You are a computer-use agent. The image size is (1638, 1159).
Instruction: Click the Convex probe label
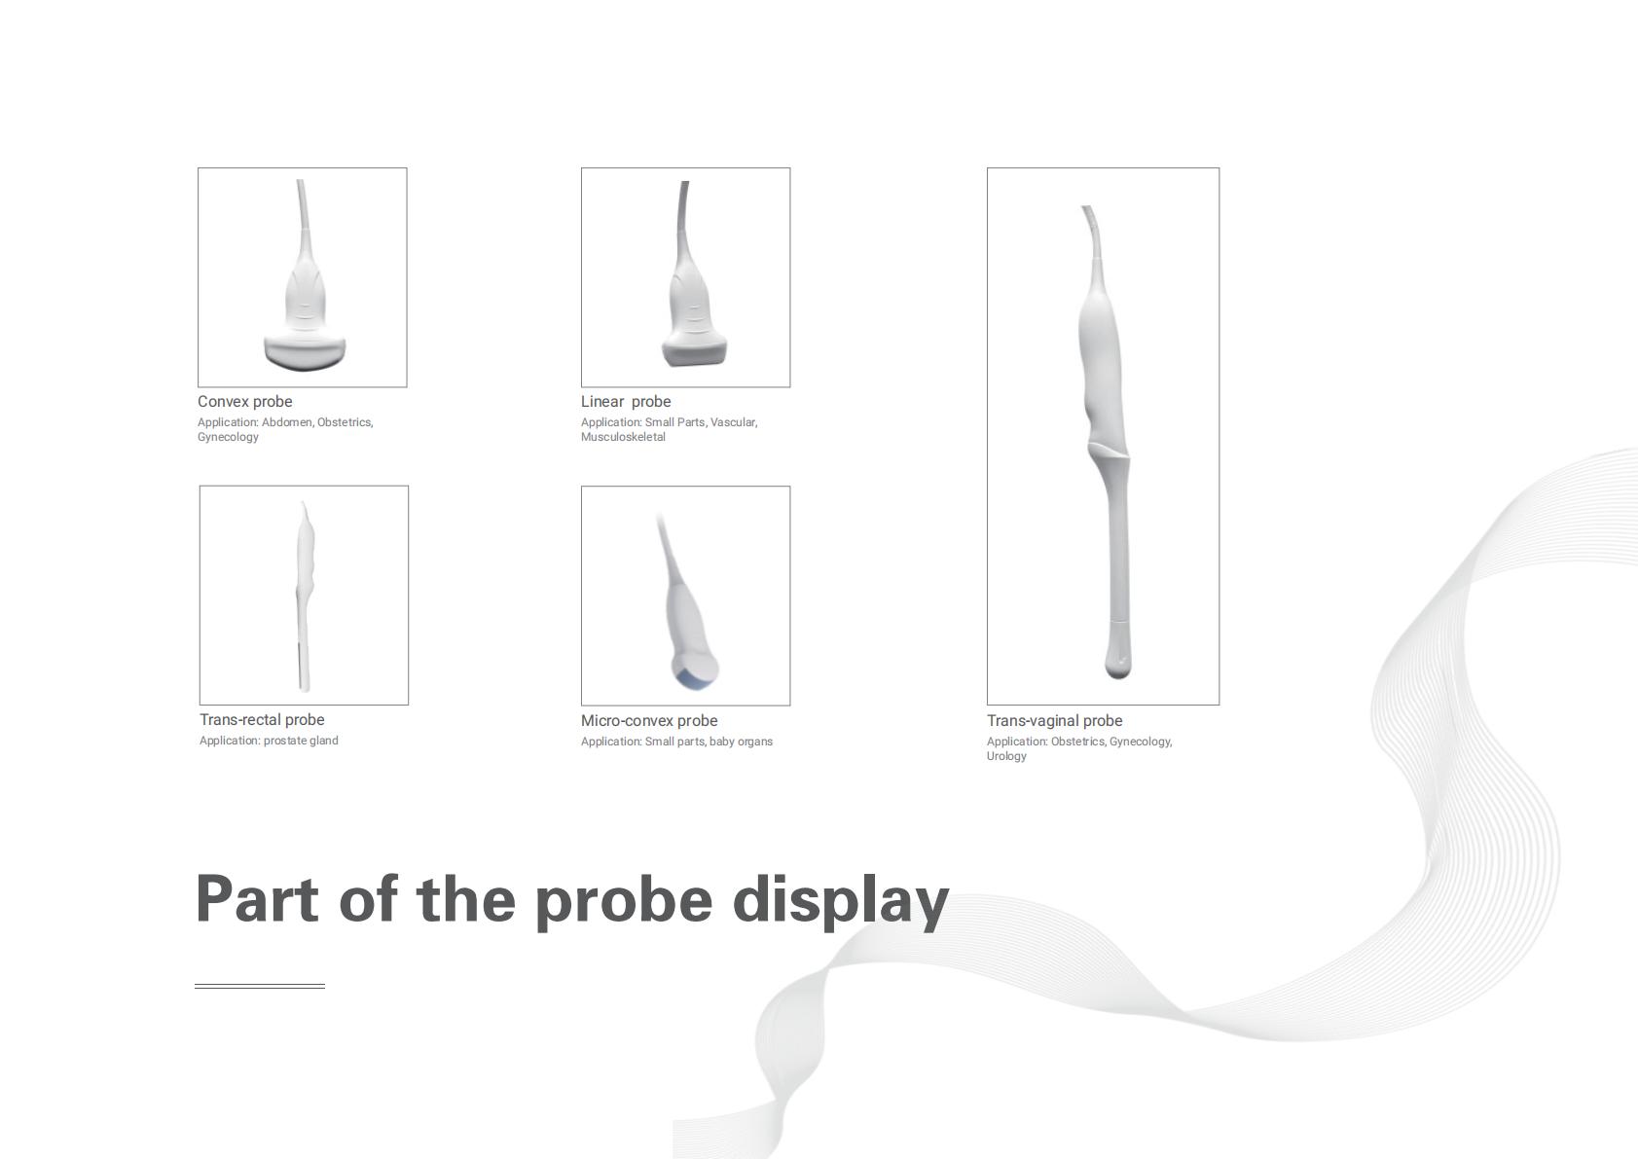(x=245, y=402)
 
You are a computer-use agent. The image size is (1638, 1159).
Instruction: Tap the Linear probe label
(x=625, y=402)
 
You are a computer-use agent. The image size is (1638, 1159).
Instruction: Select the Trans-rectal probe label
(x=262, y=719)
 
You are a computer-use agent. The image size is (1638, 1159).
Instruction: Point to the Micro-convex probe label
(x=649, y=720)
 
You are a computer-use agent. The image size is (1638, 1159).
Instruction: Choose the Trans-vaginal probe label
(x=1054, y=720)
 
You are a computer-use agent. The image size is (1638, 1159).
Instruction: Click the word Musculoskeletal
(x=623, y=437)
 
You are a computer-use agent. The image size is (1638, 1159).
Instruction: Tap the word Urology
(x=1006, y=756)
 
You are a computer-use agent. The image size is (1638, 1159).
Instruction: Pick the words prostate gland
(x=301, y=740)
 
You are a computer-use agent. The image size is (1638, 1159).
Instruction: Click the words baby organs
(x=741, y=742)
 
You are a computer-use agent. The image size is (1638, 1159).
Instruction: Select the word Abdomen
(x=287, y=422)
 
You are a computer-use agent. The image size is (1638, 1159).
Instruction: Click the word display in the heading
(x=841, y=901)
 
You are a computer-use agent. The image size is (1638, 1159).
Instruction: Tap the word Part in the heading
(x=257, y=898)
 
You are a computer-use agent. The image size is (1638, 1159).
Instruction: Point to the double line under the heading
(x=260, y=987)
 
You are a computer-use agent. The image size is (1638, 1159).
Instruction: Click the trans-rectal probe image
(x=306, y=596)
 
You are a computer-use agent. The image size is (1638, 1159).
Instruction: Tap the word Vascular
(x=734, y=422)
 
